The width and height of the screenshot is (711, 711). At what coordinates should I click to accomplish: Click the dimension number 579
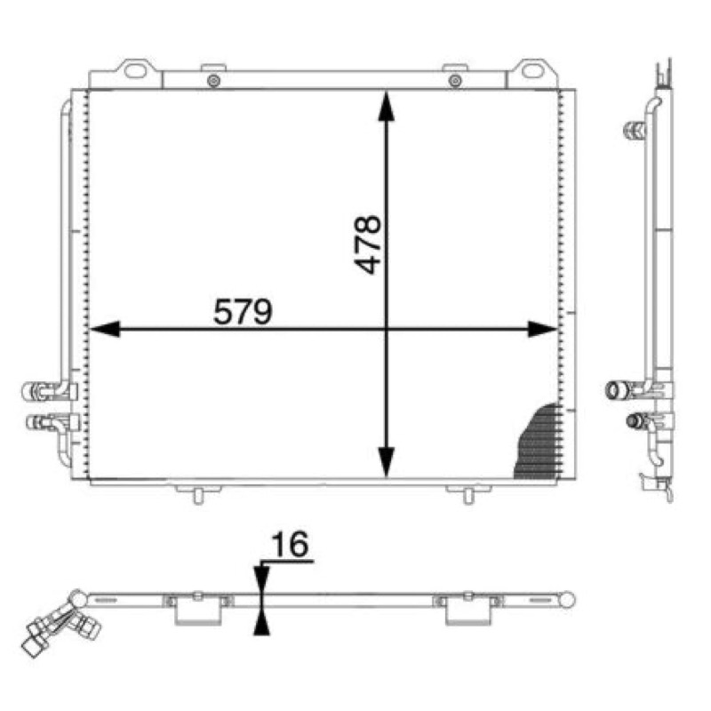tap(243, 312)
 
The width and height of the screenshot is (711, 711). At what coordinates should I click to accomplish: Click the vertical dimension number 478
tap(368, 244)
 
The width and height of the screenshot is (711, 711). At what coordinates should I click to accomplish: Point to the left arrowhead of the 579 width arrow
tap(105, 329)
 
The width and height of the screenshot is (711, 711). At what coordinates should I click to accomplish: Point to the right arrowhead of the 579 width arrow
tap(542, 329)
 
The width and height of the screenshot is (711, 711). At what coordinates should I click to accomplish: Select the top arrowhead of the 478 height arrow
tap(386, 106)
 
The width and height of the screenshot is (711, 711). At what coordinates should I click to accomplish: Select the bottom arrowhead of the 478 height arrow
tap(386, 462)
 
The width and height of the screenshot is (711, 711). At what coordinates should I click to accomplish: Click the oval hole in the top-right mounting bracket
tap(531, 71)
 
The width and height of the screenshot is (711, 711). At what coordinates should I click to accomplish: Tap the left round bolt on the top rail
tap(213, 81)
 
